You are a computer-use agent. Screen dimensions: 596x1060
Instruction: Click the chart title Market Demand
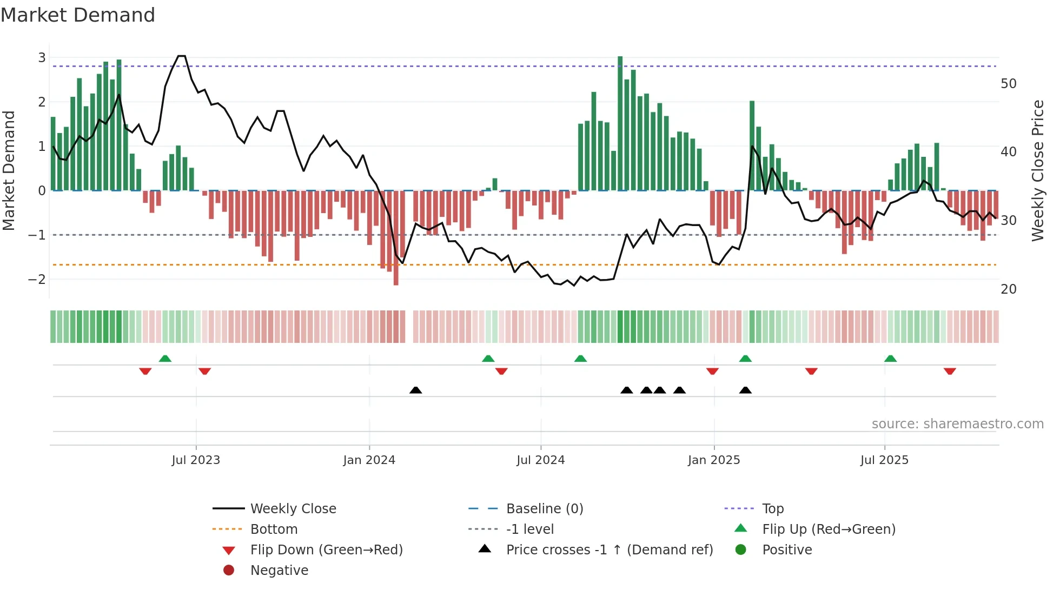pyautogui.click(x=78, y=15)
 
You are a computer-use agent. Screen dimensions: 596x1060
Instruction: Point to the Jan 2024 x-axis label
pyautogui.click(x=369, y=460)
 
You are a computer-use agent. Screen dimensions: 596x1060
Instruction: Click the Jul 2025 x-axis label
pyautogui.click(x=884, y=460)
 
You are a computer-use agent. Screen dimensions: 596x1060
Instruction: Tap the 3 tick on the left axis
pyautogui.click(x=42, y=57)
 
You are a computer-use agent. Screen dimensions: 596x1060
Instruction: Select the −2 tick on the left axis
pyautogui.click(x=37, y=279)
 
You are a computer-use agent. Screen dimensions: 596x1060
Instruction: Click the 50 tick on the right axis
pyautogui.click(x=1008, y=83)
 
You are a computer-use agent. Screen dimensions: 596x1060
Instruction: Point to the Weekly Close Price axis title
pyautogui.click(x=1037, y=170)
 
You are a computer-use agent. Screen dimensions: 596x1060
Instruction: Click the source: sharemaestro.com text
pyautogui.click(x=957, y=423)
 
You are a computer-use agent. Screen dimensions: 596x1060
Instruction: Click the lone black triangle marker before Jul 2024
pyautogui.click(x=415, y=390)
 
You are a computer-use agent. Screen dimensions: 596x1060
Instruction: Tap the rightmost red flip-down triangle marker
pyautogui.click(x=950, y=371)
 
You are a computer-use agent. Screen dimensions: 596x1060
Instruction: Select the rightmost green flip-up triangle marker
pyautogui.click(x=890, y=359)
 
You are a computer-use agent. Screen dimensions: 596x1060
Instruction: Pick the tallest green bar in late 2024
pyautogui.click(x=620, y=123)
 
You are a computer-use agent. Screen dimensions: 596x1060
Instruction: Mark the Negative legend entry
pyautogui.click(x=279, y=570)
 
